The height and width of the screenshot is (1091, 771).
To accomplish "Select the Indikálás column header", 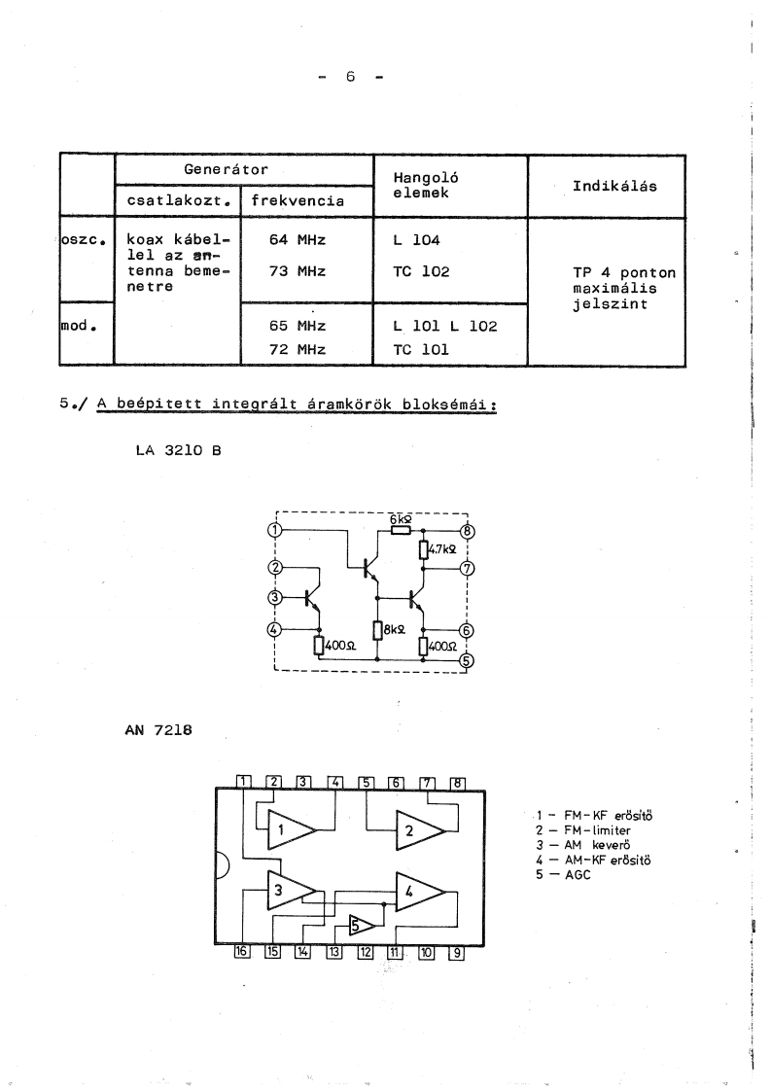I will click(x=613, y=185).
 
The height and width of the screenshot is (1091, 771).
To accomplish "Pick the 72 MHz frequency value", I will click(x=298, y=347).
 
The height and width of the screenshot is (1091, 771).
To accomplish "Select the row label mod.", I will click(x=78, y=326).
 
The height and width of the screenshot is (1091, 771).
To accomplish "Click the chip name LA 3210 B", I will click(x=178, y=450).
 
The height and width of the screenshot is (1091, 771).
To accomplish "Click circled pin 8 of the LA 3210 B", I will click(x=467, y=531).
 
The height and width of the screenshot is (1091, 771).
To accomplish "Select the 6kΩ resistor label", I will click(x=401, y=520).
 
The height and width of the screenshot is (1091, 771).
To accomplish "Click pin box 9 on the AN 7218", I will click(x=456, y=953).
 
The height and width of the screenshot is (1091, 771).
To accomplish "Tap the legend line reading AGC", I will click(x=568, y=874).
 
